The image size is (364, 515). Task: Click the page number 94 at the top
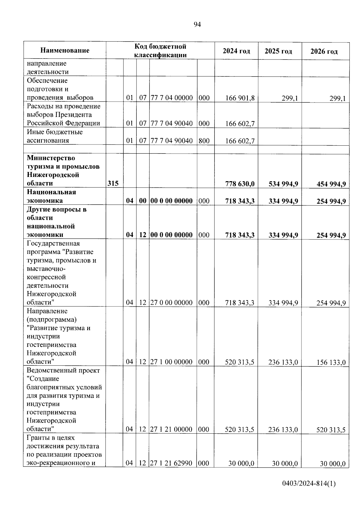coord(197,25)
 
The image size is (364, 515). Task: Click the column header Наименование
coord(65,50)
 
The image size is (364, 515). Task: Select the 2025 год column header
coord(278,51)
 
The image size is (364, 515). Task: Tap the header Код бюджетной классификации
coord(160,50)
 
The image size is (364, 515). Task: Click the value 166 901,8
coord(240,98)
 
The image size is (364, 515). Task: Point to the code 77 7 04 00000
coord(172,98)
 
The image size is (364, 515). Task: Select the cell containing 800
coord(204,141)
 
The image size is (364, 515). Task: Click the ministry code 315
coord(113,183)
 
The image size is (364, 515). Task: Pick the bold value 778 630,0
coord(240,184)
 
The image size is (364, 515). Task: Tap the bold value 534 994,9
coord(283,184)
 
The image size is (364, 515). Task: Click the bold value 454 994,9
coord(331,184)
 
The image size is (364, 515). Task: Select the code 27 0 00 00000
coord(172,303)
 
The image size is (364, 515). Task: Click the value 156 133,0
coord(331,362)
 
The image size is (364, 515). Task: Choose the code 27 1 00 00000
coord(172,362)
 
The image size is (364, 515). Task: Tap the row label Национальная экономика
coord(52,196)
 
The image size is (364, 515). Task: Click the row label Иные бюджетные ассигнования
coord(55,136)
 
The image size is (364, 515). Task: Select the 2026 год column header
coord(324,51)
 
